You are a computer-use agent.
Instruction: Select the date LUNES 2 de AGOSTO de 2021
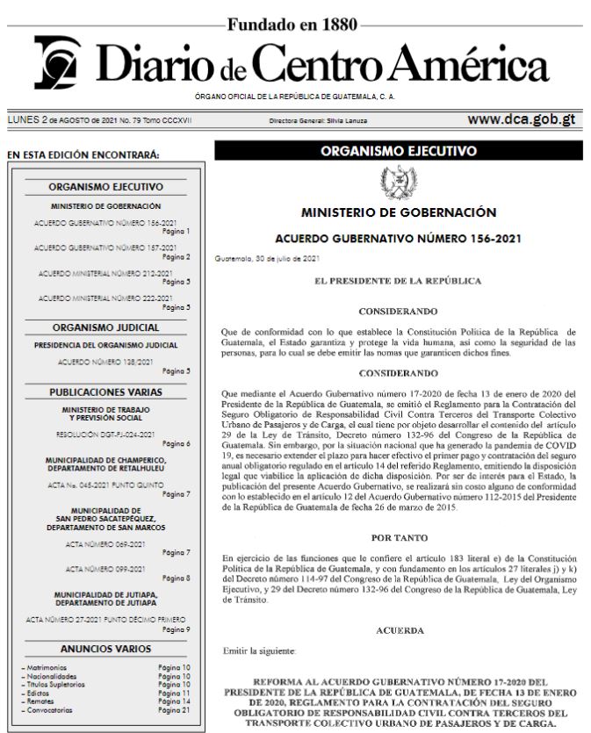57,120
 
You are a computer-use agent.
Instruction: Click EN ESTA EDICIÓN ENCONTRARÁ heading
83,156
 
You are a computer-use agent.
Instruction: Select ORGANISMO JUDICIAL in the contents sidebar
105,327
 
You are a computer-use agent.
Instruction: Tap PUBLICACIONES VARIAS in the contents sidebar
105,391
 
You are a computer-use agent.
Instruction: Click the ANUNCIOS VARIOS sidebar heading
105,649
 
